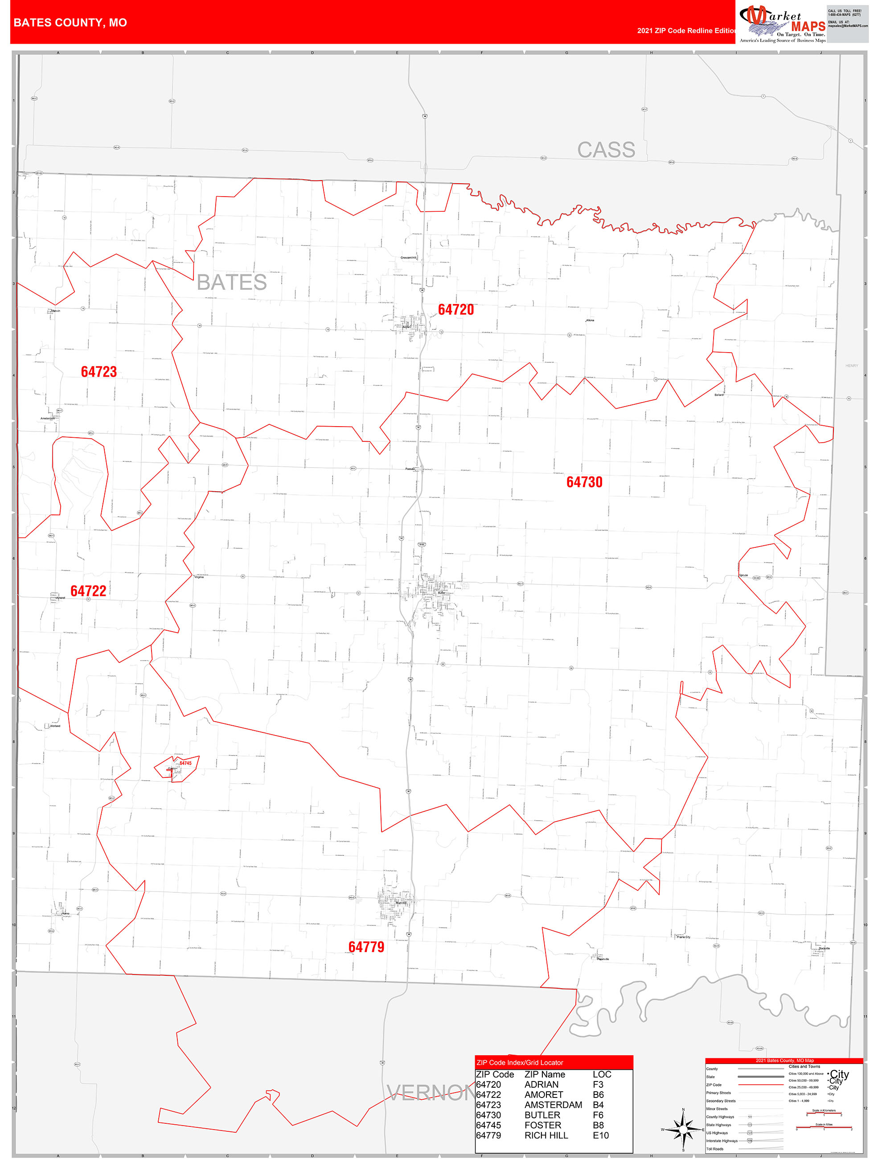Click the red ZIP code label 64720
[x=455, y=310]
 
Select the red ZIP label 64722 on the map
[x=88, y=591]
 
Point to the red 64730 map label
[x=584, y=481]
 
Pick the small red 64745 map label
[x=185, y=763]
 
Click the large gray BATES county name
[x=232, y=283]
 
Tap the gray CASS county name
[x=606, y=150]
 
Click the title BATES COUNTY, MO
[x=70, y=23]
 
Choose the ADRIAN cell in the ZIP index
[x=541, y=1084]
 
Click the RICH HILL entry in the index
[x=546, y=1135]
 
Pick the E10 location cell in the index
[x=600, y=1135]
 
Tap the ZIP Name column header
[x=545, y=1074]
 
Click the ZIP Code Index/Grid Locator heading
[x=519, y=1062]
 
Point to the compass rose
[x=683, y=1129]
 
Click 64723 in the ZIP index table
[x=488, y=1105]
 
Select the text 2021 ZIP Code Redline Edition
[x=686, y=30]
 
